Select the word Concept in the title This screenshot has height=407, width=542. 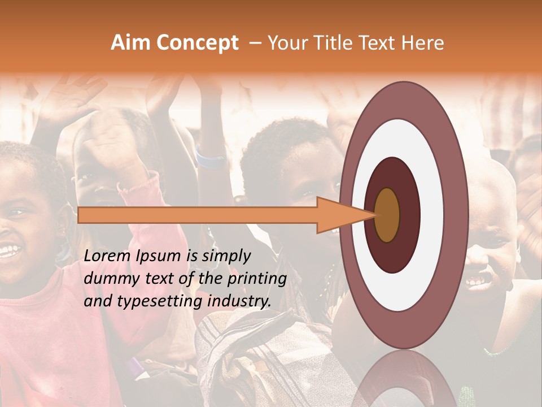197,43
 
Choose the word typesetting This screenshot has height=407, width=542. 172,301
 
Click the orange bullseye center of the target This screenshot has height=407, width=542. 387,215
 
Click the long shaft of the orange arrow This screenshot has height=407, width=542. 198,215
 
